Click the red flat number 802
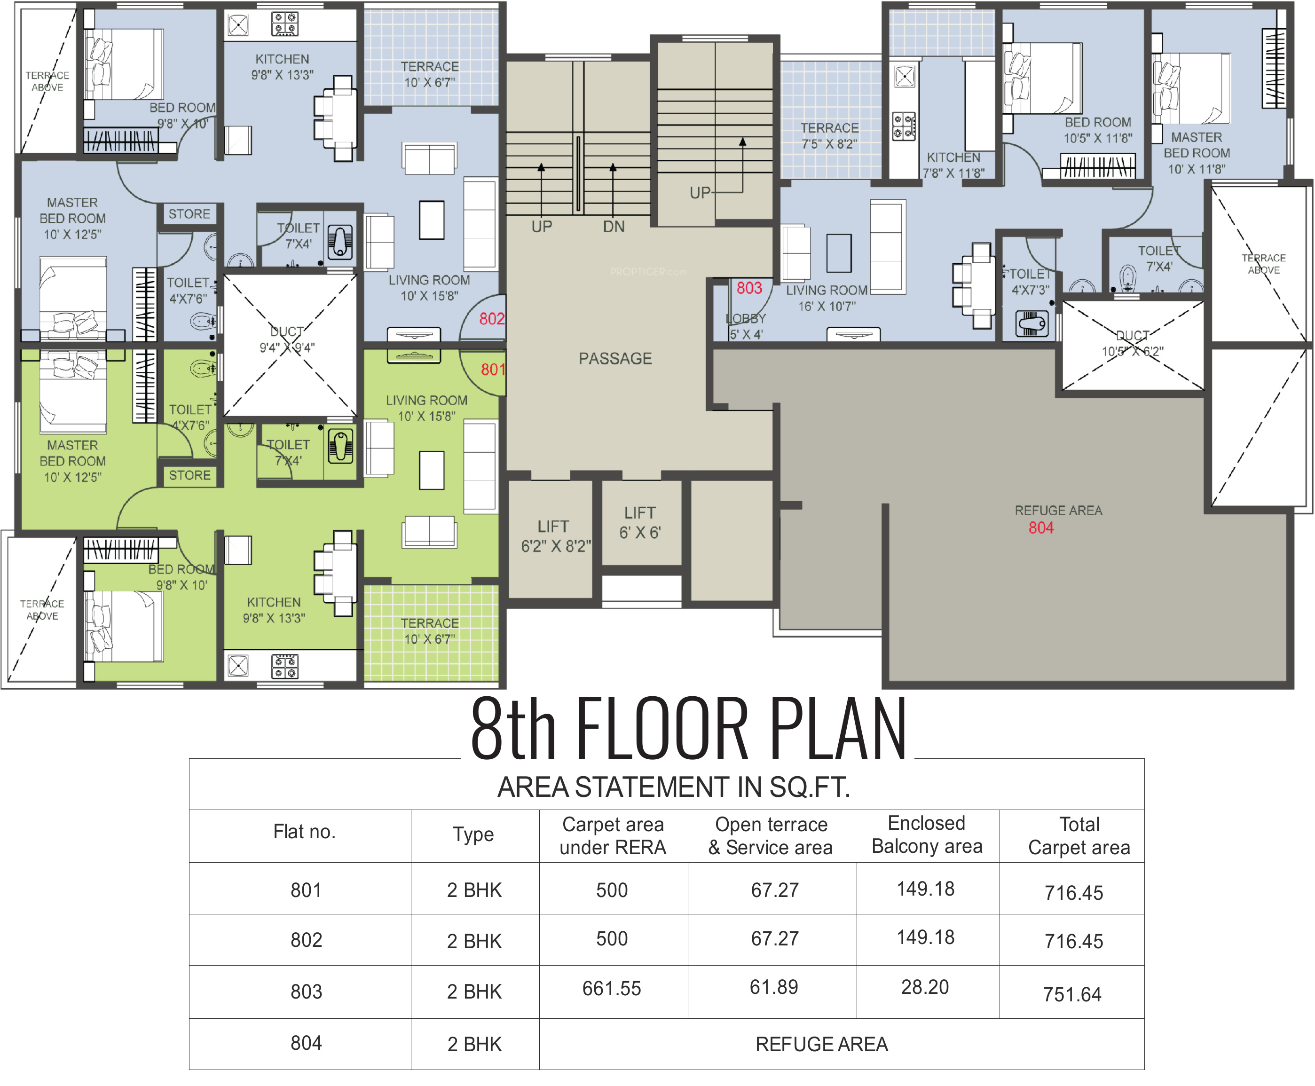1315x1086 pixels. click(492, 319)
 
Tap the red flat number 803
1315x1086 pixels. click(749, 288)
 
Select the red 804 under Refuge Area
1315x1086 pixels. click(1041, 528)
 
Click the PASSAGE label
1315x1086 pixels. click(615, 358)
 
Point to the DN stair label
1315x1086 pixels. click(614, 227)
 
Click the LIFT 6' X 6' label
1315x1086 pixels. click(640, 523)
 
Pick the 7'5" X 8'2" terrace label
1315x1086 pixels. click(829, 136)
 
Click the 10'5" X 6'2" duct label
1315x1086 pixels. click(1132, 344)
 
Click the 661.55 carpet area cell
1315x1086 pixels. click(612, 988)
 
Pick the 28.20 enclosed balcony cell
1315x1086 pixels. click(925, 987)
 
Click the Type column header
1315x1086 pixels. click(473, 835)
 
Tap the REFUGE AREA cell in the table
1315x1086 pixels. click(821, 1044)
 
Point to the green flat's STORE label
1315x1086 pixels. click(189, 475)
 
